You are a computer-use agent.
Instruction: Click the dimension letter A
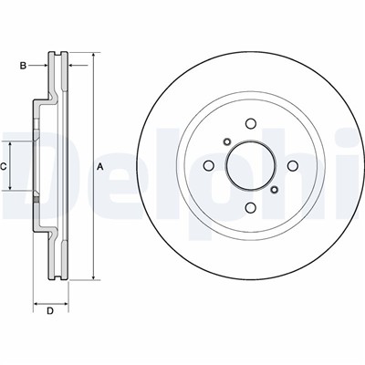(100, 166)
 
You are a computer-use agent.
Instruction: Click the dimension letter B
(23, 66)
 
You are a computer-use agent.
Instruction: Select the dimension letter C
(4, 166)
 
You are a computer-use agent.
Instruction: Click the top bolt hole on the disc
(251, 123)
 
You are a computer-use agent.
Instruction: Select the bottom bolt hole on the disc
(251, 208)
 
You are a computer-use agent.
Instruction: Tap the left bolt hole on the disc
(208, 166)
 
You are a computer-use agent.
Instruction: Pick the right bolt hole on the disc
(293, 166)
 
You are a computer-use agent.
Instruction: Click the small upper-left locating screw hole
(227, 141)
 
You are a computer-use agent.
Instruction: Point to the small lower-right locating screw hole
(275, 190)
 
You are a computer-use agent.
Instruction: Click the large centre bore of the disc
(251, 166)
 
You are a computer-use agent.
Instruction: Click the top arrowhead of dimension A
(94, 55)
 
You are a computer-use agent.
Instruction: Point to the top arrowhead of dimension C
(10, 144)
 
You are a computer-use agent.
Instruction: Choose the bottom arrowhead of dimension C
(10, 187)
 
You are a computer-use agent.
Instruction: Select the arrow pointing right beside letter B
(38, 65)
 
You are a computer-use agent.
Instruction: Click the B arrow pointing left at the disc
(78, 65)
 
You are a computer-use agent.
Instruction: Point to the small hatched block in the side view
(36, 200)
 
